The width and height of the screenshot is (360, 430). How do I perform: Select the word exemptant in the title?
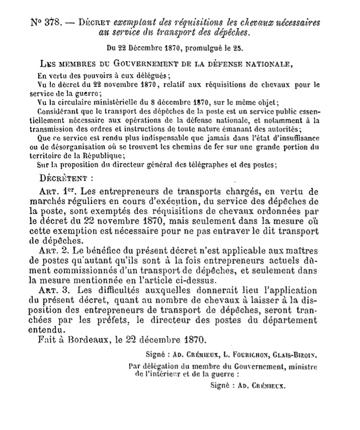132,23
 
